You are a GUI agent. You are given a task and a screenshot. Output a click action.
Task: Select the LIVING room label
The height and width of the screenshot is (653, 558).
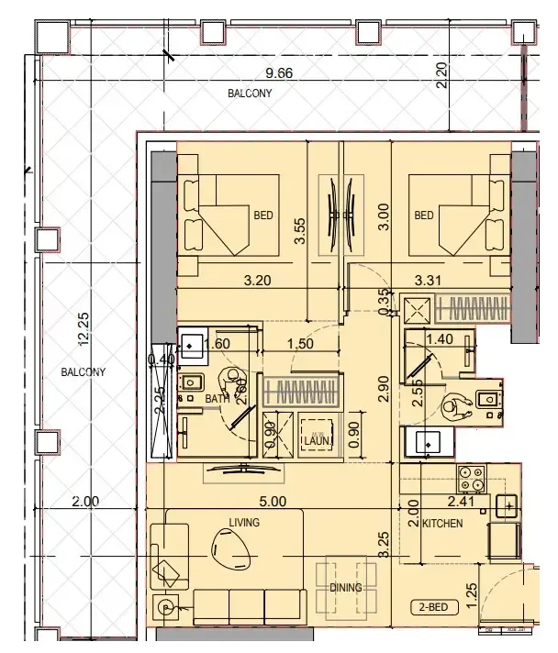pos(245,522)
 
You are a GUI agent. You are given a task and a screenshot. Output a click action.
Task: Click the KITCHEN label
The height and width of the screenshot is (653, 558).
pos(441,523)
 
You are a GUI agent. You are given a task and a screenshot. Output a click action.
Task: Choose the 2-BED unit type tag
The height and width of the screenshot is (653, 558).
pos(430,606)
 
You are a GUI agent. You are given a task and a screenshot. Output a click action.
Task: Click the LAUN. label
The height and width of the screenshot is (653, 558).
pos(318,441)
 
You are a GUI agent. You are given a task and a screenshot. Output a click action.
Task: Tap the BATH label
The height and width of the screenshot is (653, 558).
pos(217,399)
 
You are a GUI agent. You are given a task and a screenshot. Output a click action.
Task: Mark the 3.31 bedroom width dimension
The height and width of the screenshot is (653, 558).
pos(430,281)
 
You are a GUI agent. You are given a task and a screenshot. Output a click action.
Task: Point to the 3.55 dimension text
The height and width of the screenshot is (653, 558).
pos(299,230)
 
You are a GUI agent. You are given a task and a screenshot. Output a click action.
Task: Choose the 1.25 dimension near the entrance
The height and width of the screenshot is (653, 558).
pos(471,592)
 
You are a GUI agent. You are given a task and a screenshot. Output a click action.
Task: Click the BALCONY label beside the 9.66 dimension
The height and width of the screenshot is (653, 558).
pos(250,94)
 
